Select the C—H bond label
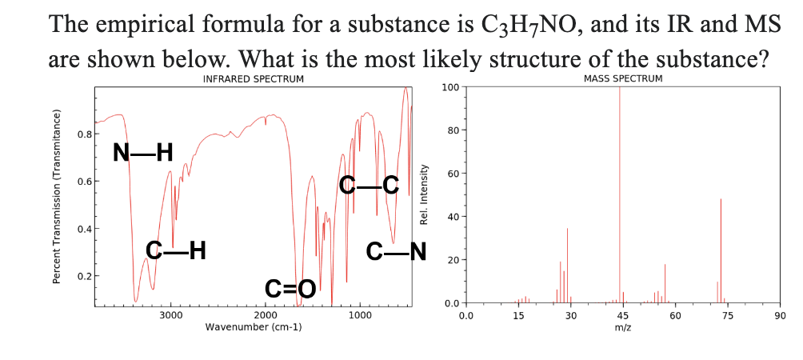coord(177,251)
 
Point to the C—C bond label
coord(369,185)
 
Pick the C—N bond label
coord(396,251)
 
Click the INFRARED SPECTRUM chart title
coord(254,79)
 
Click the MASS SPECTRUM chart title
coord(623,78)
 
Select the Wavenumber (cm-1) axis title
coord(254,327)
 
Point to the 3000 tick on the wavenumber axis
coord(170,315)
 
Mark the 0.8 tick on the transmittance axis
coord(82,134)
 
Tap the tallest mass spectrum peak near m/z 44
coord(620,192)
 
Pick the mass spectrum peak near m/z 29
coord(567,264)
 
